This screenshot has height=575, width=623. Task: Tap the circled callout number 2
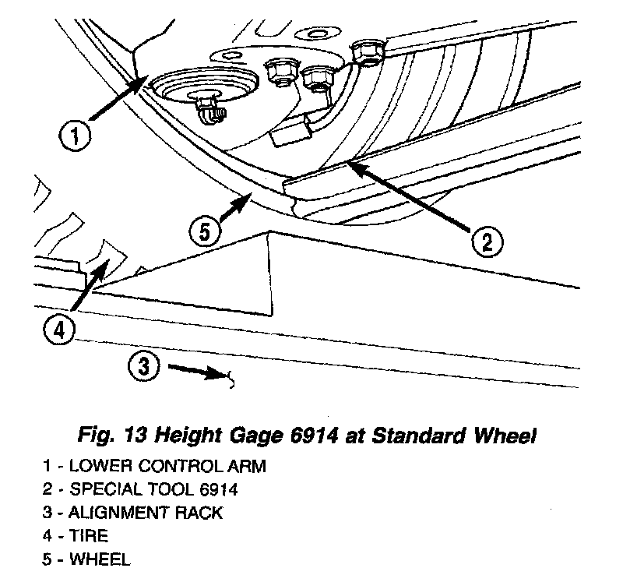[x=484, y=243]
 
